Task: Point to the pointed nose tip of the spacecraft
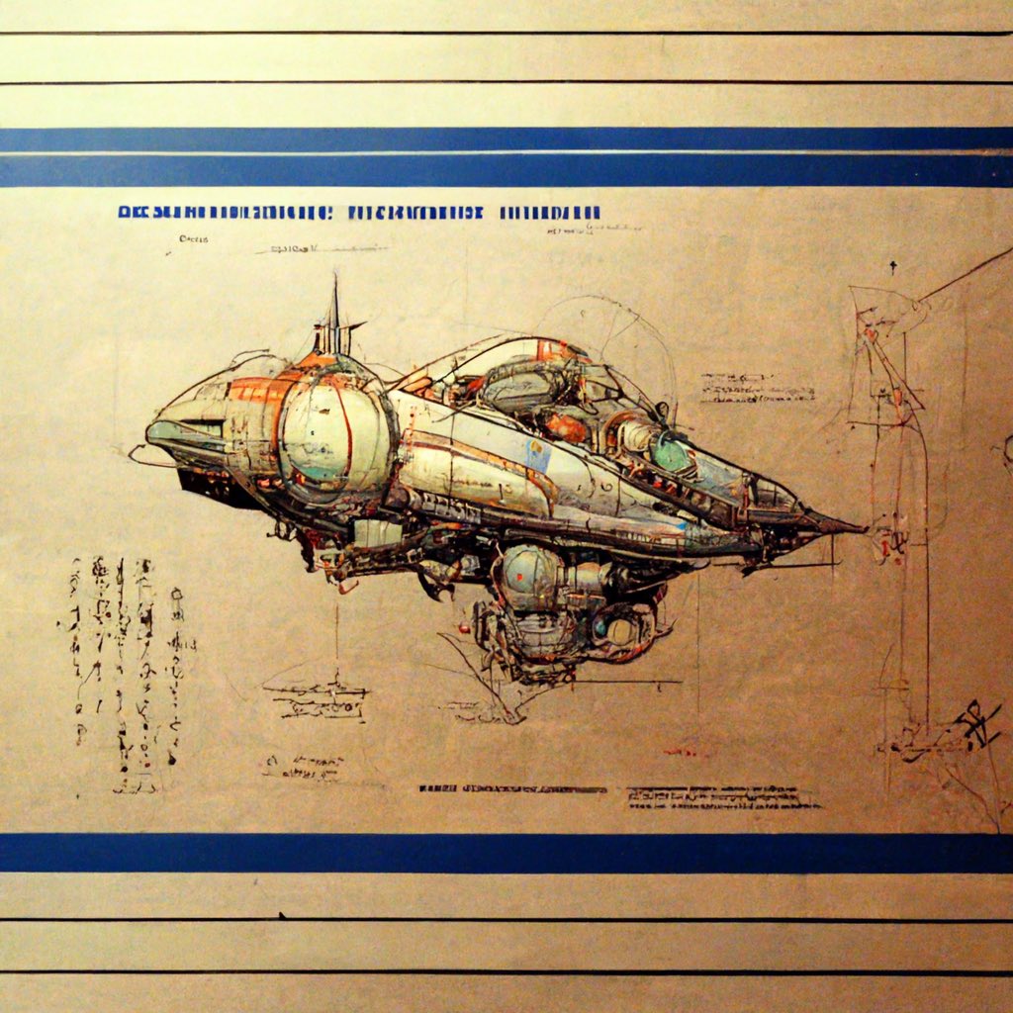point(859,528)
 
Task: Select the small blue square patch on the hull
point(538,455)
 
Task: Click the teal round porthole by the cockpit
point(672,453)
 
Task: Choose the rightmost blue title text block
point(550,212)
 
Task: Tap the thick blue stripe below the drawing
point(506,853)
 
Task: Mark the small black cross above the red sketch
point(892,267)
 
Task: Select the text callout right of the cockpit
point(757,388)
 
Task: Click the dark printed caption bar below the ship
point(512,789)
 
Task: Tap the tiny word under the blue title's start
point(189,238)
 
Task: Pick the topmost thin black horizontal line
point(506,34)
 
